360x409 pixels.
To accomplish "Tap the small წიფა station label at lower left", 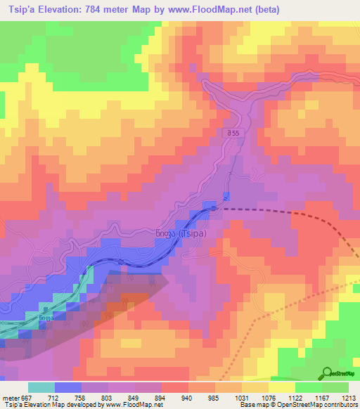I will (46, 318).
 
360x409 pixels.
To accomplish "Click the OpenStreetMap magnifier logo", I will (328, 372).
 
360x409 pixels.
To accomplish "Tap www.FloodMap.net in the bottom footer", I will (134, 405).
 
